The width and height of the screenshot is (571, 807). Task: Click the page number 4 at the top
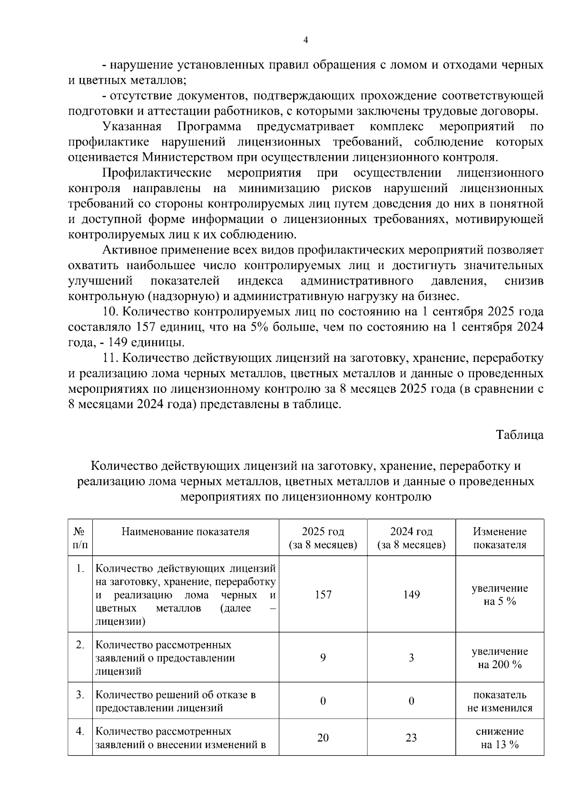pyautogui.click(x=305, y=40)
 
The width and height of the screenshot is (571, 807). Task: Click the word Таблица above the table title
pyautogui.click(x=520, y=434)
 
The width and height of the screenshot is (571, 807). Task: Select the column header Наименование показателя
pyautogui.click(x=186, y=532)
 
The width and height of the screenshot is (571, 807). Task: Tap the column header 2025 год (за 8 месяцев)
pyautogui.click(x=323, y=538)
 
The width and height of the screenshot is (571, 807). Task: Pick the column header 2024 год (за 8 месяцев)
pyautogui.click(x=411, y=538)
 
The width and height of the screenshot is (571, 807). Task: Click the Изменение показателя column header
pyautogui.click(x=500, y=538)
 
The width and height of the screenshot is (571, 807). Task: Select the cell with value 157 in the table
pyautogui.click(x=323, y=594)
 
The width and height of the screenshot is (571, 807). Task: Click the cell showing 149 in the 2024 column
pyautogui.click(x=411, y=594)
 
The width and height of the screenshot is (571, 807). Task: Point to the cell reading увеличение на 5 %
pyautogui.click(x=500, y=594)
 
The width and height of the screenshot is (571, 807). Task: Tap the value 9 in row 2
pyautogui.click(x=323, y=658)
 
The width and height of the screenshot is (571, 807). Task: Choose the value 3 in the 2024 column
pyautogui.click(x=411, y=658)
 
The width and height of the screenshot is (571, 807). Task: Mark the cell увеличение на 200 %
pyautogui.click(x=500, y=658)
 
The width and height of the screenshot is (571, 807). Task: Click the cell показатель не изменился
pyautogui.click(x=500, y=701)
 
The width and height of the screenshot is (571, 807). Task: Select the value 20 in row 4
pyautogui.click(x=323, y=738)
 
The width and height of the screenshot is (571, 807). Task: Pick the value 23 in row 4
pyautogui.click(x=411, y=738)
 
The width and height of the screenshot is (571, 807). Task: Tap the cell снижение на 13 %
pyautogui.click(x=500, y=738)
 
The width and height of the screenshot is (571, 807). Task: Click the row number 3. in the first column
pyautogui.click(x=80, y=695)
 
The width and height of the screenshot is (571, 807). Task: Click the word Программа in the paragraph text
pyautogui.click(x=209, y=126)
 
